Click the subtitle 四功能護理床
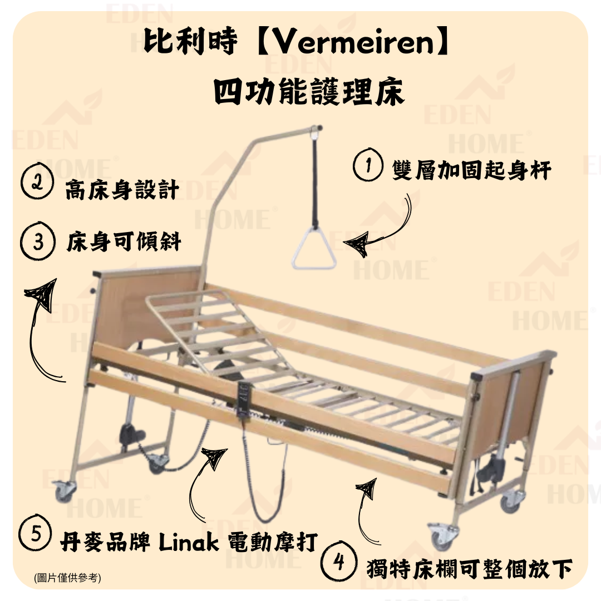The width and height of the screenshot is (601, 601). tap(309, 92)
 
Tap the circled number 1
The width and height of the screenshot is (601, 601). tap(367, 167)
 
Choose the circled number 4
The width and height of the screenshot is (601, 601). tap(339, 563)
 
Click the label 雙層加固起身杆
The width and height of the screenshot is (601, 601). tap(471, 169)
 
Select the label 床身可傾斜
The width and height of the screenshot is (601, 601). tap(124, 244)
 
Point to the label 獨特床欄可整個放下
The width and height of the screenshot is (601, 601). tap(469, 569)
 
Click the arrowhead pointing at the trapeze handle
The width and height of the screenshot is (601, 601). tap(356, 244)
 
